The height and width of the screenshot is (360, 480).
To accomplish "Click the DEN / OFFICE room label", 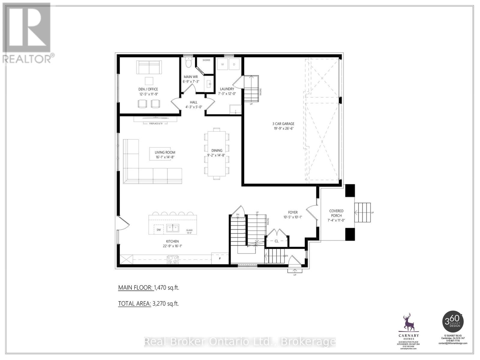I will click(148, 89).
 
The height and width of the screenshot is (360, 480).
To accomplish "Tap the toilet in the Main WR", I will click(188, 64).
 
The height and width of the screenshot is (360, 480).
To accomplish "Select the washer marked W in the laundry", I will click(223, 64).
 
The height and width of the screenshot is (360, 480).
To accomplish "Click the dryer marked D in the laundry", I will click(234, 64).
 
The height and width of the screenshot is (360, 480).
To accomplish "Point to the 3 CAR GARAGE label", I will click(283, 124).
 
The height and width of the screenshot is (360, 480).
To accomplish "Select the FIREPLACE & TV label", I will click(156, 124).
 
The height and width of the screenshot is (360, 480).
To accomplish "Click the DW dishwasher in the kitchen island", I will click(159, 230).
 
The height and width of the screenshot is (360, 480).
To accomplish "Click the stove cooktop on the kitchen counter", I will click(172, 259).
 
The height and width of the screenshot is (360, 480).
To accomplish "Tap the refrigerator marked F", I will click(220, 258).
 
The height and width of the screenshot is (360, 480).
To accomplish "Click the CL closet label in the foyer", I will click(276, 241).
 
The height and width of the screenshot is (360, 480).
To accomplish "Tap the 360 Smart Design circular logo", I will click(453, 321).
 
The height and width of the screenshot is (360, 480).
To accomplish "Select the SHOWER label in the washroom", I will click(206, 60).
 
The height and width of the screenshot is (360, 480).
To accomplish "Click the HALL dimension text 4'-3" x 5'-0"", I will click(193, 107).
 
